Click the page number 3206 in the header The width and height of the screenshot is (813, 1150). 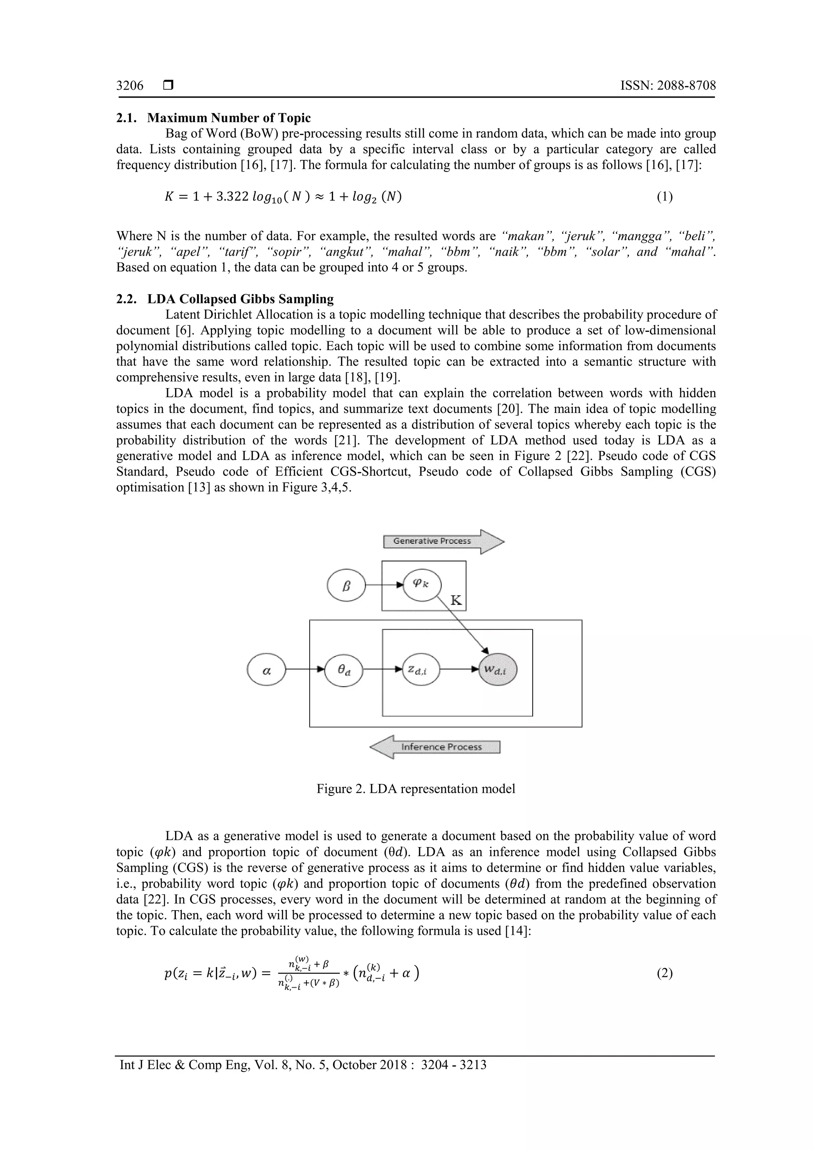(130, 86)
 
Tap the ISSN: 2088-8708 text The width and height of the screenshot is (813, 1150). (668, 86)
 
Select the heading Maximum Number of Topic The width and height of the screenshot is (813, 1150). (229, 118)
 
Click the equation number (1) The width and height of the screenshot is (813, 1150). (665, 197)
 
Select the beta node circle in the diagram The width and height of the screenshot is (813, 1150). (346, 585)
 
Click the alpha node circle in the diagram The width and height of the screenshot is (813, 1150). (266, 670)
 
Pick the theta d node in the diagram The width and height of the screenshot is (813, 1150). (344, 670)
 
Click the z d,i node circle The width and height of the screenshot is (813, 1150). (421, 670)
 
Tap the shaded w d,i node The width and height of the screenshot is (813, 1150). (498, 670)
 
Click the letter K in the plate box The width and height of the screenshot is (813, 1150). (456, 601)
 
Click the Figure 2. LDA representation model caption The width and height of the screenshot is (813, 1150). (416, 789)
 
